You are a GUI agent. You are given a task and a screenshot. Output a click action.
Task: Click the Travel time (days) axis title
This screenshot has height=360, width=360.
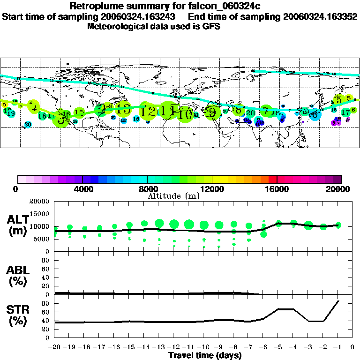pos(205,356)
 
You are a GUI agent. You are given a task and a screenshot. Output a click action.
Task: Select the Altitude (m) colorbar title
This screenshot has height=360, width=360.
pos(173,196)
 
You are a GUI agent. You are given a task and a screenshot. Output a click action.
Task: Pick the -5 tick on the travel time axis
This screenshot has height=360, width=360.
pos(278,347)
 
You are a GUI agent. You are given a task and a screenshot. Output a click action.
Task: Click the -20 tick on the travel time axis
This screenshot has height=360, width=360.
pos(54,347)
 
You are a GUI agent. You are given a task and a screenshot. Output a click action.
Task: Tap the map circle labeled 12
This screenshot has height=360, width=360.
pos(148,112)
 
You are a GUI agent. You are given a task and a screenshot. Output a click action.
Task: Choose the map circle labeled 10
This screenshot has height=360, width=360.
pos(185,114)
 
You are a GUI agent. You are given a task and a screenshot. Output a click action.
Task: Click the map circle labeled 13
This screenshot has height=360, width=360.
pos(123,109)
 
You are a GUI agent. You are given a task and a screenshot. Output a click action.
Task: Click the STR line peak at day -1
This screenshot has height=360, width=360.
pos(338,301)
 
